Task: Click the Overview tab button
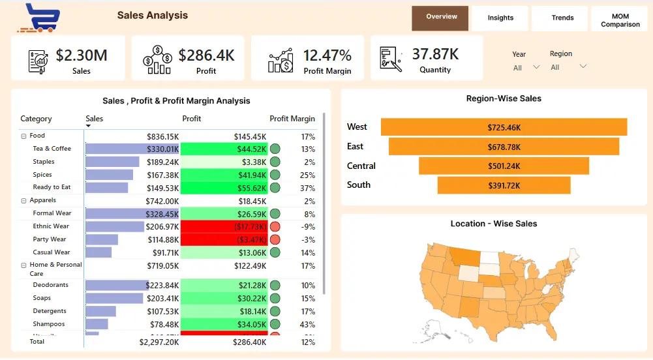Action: click(441, 17)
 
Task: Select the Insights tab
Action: click(500, 18)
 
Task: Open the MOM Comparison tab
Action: click(620, 20)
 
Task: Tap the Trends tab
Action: click(562, 18)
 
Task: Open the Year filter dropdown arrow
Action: click(536, 67)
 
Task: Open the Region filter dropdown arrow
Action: click(583, 67)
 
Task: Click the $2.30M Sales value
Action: click(82, 55)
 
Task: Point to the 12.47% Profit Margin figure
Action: click(327, 55)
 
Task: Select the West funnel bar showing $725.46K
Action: click(504, 127)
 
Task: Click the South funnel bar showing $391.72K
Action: click(504, 185)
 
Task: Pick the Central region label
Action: click(361, 166)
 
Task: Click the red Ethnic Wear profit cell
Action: click(224, 226)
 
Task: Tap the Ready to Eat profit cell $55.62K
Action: click(224, 188)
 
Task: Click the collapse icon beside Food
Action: click(24, 136)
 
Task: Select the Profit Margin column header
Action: click(292, 119)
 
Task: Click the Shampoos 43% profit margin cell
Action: click(307, 324)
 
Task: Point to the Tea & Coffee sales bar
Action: click(132, 149)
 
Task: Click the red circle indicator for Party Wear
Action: click(275, 239)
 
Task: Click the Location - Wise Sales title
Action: click(494, 224)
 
